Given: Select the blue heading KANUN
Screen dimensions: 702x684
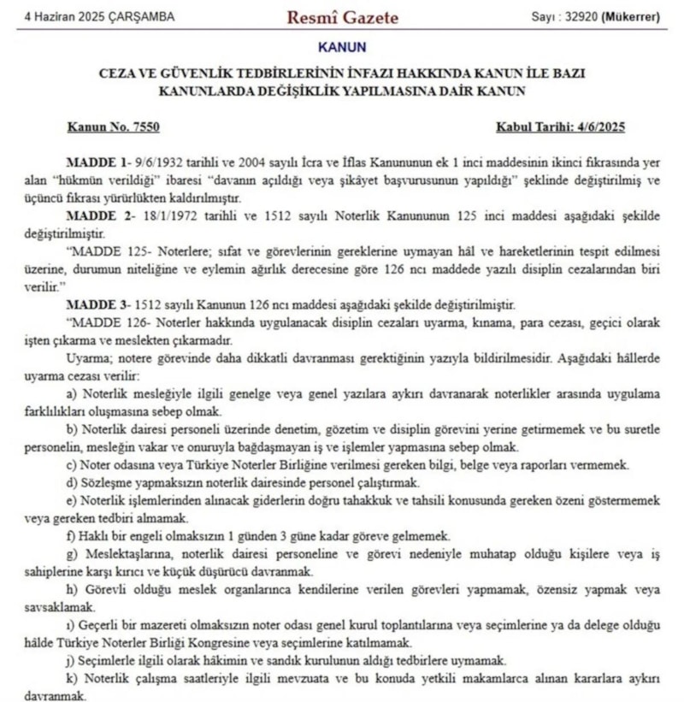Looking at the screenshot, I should click(x=341, y=47).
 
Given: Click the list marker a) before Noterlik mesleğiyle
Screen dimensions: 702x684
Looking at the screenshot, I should click(x=71, y=393).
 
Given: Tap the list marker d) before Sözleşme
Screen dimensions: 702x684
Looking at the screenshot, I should click(x=71, y=483).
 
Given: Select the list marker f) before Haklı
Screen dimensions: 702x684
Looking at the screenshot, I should click(x=70, y=536).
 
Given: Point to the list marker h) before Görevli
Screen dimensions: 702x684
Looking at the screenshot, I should click(x=71, y=590).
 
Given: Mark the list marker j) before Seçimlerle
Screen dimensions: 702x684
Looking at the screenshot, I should click(x=70, y=661).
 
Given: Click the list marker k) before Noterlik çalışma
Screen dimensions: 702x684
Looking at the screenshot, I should click(x=71, y=679).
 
